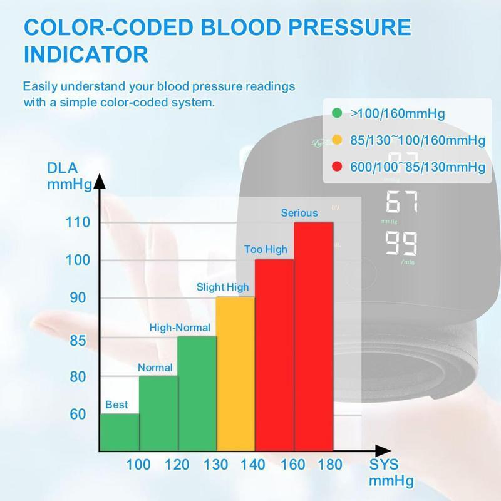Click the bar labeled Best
[120, 432]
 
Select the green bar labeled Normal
[158, 413]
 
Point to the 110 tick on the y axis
[78, 222]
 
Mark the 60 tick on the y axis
[78, 414]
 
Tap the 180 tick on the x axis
[330, 465]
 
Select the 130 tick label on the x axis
[216, 465]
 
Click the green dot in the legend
[337, 113]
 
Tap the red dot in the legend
[337, 167]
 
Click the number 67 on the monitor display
[401, 202]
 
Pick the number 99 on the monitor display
[401, 244]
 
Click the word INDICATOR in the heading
[86, 54]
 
